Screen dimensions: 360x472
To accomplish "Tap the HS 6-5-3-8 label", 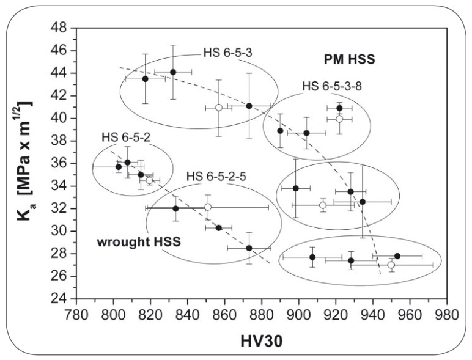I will point(332,86).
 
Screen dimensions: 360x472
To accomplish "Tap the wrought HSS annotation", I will point(139,242).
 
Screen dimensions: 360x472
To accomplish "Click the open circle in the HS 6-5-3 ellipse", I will point(218,108).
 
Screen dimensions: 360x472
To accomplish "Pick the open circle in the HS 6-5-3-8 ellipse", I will point(339,119).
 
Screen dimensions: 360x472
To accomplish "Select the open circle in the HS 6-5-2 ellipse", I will point(149,180).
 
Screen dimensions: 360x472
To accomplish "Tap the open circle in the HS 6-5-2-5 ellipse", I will point(208,207).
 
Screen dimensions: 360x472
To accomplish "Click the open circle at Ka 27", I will point(391,265).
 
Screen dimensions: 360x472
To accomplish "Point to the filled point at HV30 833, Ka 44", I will point(173,72).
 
